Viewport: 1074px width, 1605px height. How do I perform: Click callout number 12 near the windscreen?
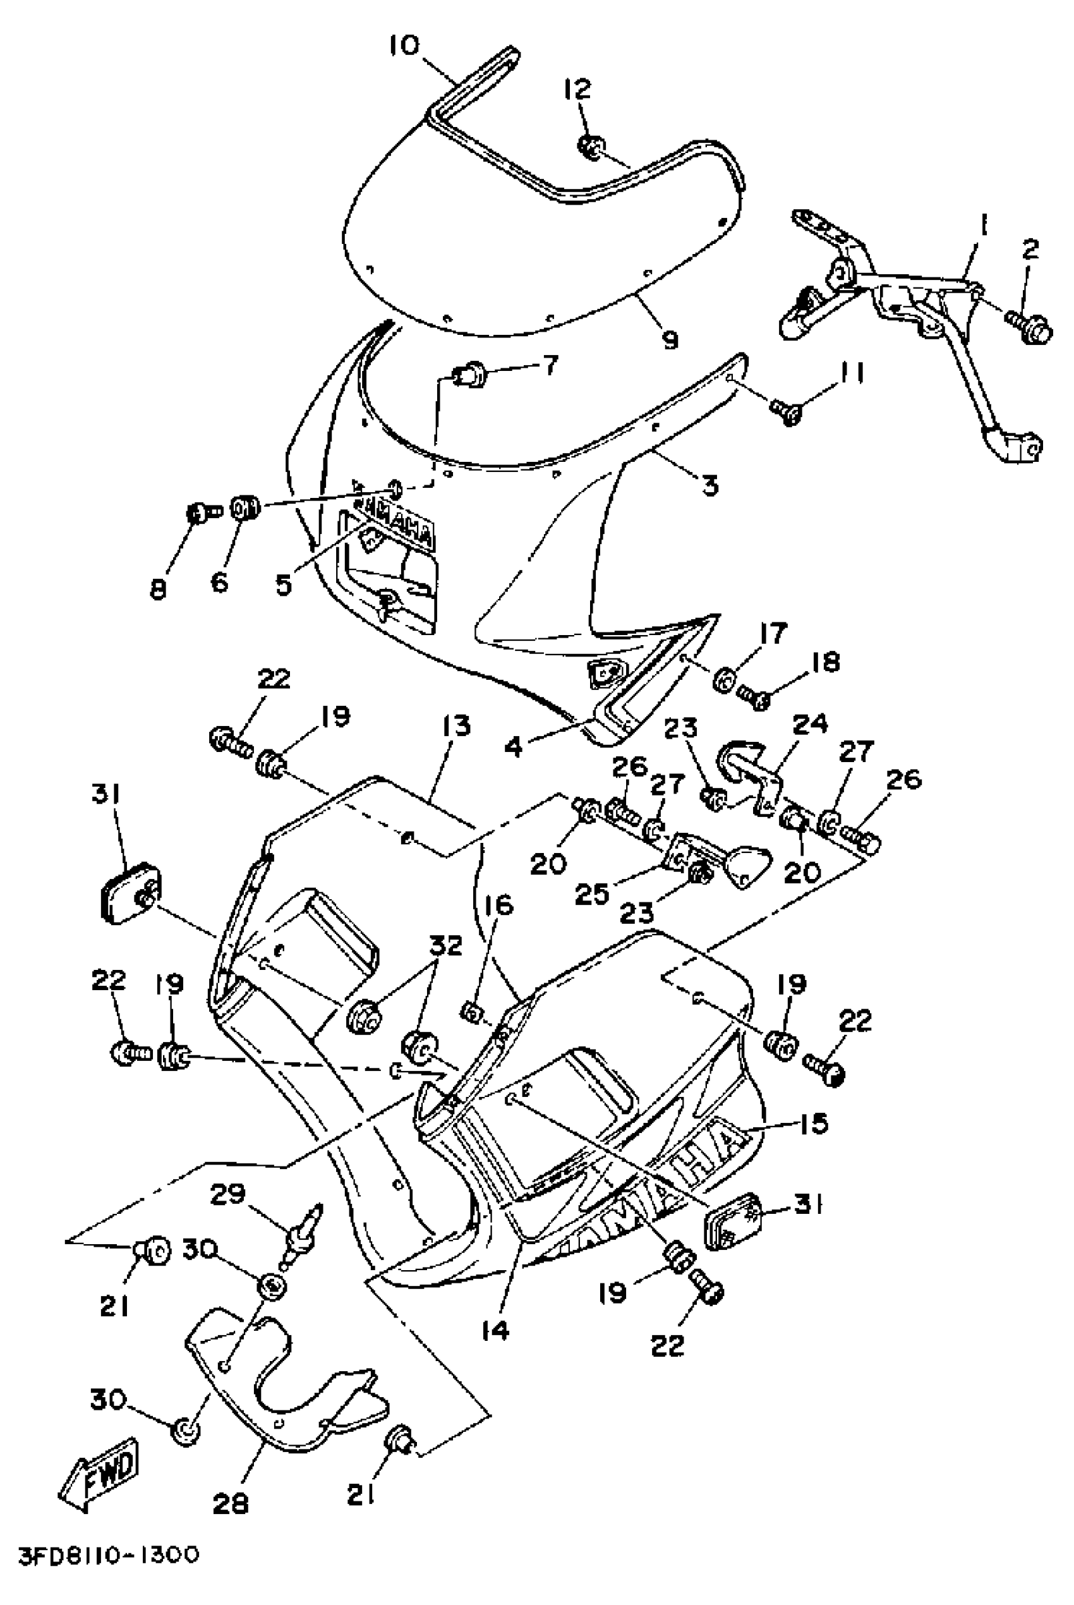coord(577,88)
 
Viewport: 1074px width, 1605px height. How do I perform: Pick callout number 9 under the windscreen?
coord(669,339)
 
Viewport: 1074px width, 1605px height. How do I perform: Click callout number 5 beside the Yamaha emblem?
coord(284,584)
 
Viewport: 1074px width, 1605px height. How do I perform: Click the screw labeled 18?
coord(755,698)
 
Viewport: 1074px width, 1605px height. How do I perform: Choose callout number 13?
coord(456,726)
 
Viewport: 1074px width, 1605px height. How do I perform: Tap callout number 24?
coord(811,725)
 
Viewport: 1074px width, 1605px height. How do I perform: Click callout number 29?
coord(228,1195)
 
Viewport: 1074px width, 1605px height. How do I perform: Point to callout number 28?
coord(231,1505)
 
